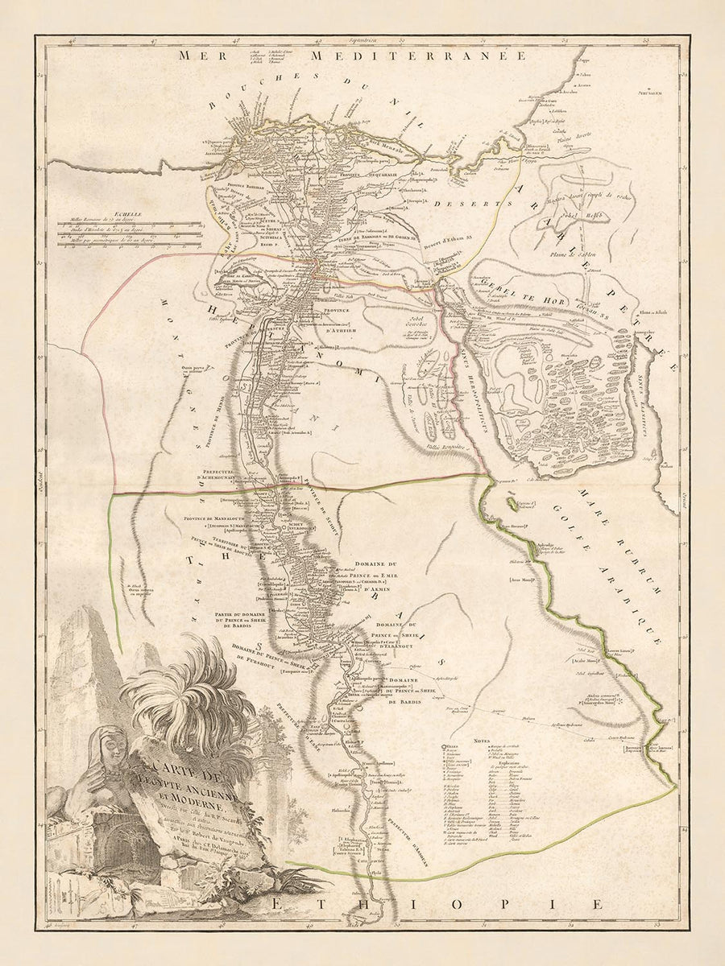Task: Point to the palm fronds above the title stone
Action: [x=181, y=692]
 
